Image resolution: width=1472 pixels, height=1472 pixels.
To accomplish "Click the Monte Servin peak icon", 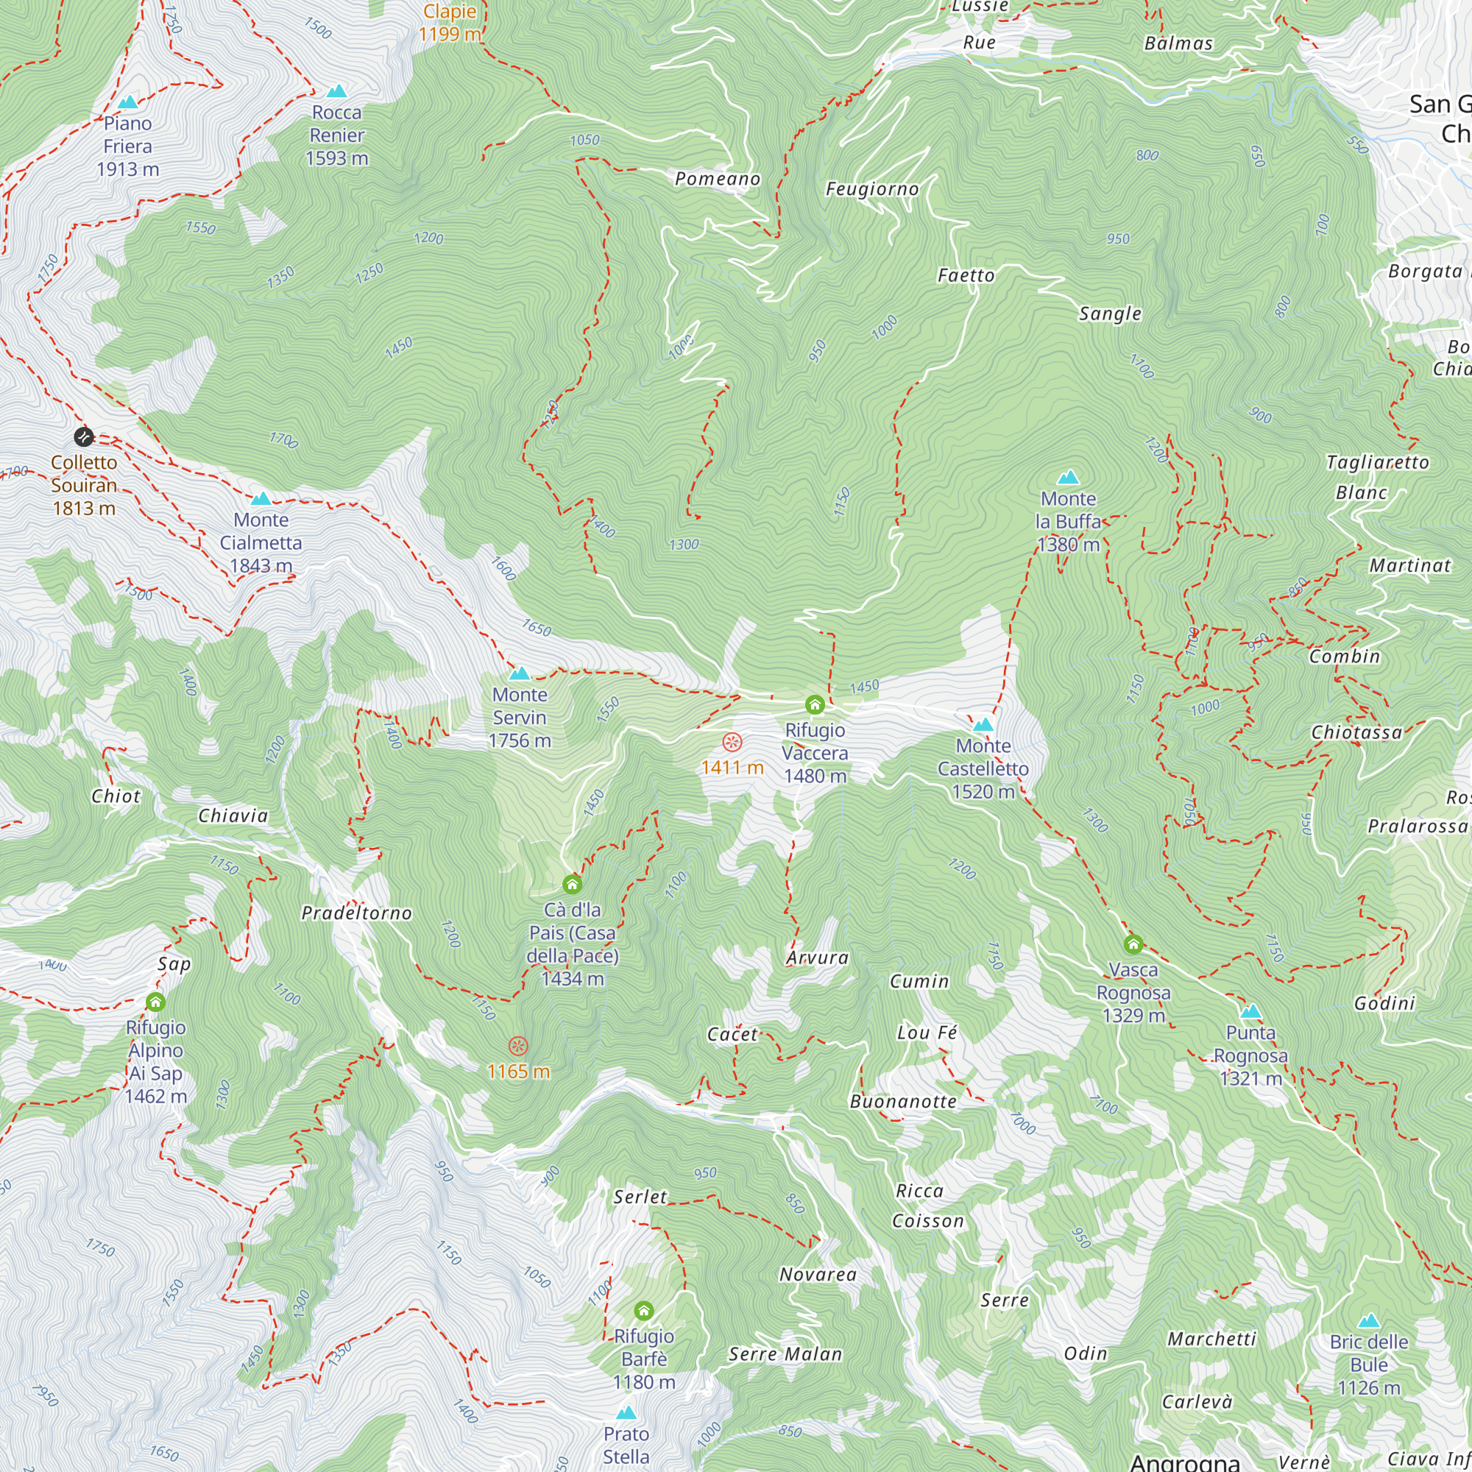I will (x=520, y=673).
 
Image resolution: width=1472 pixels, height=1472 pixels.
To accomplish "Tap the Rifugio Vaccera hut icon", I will (x=815, y=704).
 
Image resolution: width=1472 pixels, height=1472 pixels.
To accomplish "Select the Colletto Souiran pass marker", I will (x=84, y=436).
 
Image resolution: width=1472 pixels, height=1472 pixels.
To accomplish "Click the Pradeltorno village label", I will (x=356, y=913).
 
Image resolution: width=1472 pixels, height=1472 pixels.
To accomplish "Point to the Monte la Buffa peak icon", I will (x=1068, y=478).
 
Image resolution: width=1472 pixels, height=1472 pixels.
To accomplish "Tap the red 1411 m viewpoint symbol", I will (x=732, y=742).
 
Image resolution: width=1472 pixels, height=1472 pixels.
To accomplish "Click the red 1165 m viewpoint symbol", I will (x=518, y=1045).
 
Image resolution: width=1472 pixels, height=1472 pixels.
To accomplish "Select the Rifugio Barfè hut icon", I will (x=644, y=1312).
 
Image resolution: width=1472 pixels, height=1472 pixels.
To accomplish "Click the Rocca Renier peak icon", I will (x=337, y=91).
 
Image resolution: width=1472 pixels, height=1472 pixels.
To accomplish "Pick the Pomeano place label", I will (x=718, y=179).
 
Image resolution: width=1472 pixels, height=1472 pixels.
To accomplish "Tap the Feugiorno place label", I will (x=872, y=189).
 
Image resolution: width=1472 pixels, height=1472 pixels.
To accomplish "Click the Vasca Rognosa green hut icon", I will (x=1133, y=945).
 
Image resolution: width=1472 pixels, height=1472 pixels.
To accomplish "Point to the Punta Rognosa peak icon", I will (x=1250, y=1012).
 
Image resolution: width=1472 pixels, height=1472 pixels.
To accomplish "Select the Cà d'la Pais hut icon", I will (x=572, y=885).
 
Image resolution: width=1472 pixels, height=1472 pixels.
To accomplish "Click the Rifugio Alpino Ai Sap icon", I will (x=155, y=1002).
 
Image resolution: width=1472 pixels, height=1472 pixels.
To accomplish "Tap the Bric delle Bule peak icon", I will (x=1369, y=1321).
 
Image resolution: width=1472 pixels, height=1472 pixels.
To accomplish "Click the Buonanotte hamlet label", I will (x=903, y=1102).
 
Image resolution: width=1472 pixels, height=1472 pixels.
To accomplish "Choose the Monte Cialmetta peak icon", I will (x=261, y=498).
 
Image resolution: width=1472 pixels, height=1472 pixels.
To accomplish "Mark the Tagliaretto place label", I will (x=1378, y=462).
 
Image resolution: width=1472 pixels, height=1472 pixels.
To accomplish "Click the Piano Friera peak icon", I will (x=128, y=102).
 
